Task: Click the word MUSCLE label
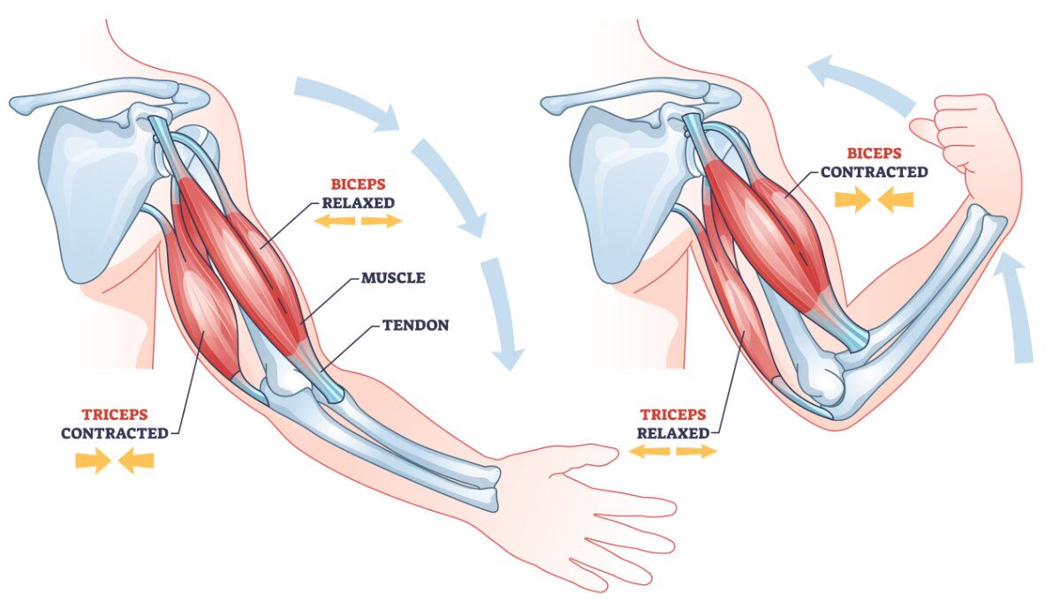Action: coord(393,278)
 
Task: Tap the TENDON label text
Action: coord(415,325)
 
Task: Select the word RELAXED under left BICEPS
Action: coord(358,202)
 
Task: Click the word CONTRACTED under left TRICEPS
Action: coord(115,433)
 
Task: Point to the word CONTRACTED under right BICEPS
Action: coord(874,172)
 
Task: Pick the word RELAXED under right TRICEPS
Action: coord(673,433)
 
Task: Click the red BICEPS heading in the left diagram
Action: coord(358,184)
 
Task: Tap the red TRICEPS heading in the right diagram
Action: coord(673,415)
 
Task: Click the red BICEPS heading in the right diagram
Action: coord(874,154)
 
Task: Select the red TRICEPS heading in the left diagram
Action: coord(115,414)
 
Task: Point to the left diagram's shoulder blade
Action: coord(88,177)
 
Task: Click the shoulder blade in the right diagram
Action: coord(618,177)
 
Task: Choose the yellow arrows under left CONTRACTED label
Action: coord(115,460)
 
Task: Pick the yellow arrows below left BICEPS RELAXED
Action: coord(358,221)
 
